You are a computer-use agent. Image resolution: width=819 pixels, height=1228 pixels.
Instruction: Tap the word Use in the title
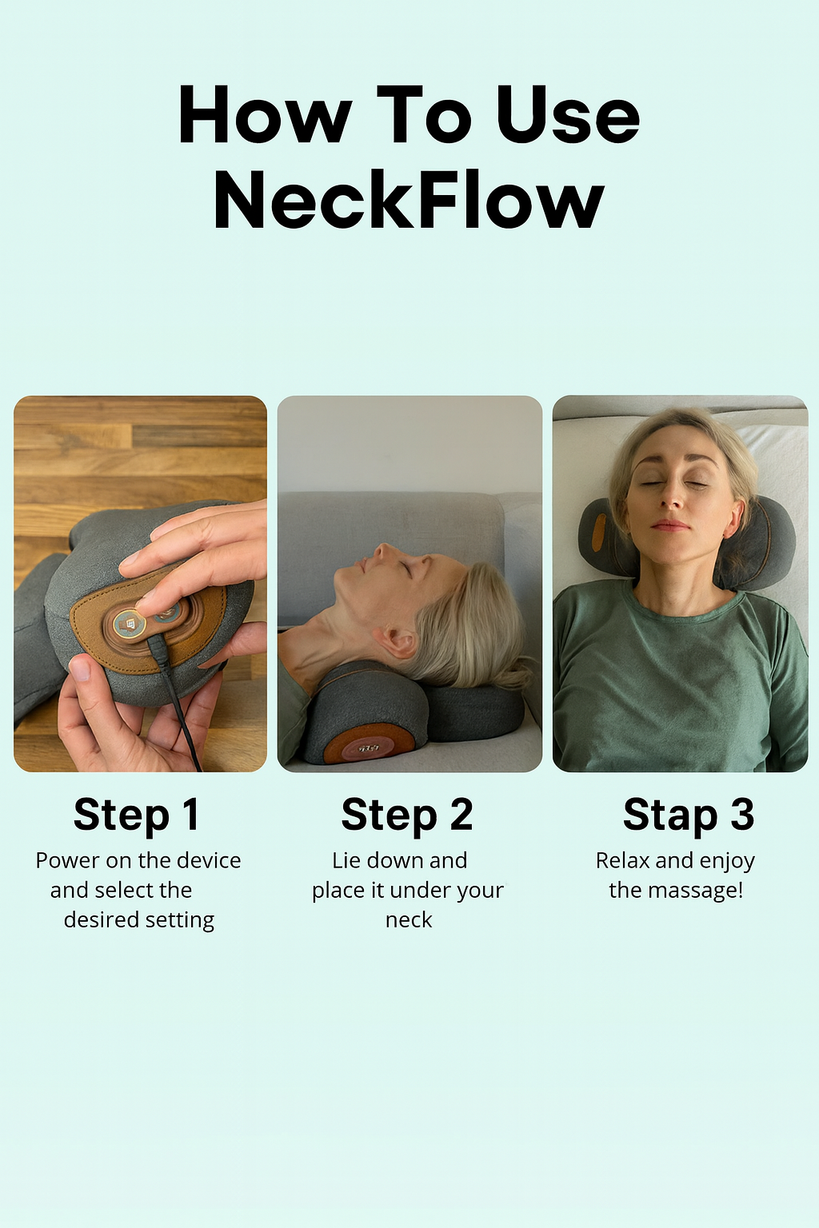click(567, 116)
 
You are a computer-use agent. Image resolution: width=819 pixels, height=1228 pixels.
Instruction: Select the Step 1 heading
click(136, 815)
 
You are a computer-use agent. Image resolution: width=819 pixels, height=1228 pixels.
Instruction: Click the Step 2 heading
click(407, 815)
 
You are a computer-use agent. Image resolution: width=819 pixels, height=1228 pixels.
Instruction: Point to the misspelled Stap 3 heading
click(688, 815)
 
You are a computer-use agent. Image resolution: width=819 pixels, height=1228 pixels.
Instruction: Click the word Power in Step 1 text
click(67, 861)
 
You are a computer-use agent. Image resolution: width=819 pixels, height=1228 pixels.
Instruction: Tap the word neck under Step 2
click(409, 920)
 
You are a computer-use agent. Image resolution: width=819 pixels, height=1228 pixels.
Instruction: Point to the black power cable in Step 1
click(179, 704)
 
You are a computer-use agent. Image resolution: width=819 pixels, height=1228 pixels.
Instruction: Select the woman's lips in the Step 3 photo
click(670, 525)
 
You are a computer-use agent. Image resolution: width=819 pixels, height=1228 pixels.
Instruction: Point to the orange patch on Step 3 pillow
click(598, 531)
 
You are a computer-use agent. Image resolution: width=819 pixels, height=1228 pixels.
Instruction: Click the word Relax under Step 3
click(623, 861)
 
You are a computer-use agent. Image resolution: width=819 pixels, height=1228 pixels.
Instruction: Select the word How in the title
click(265, 116)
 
